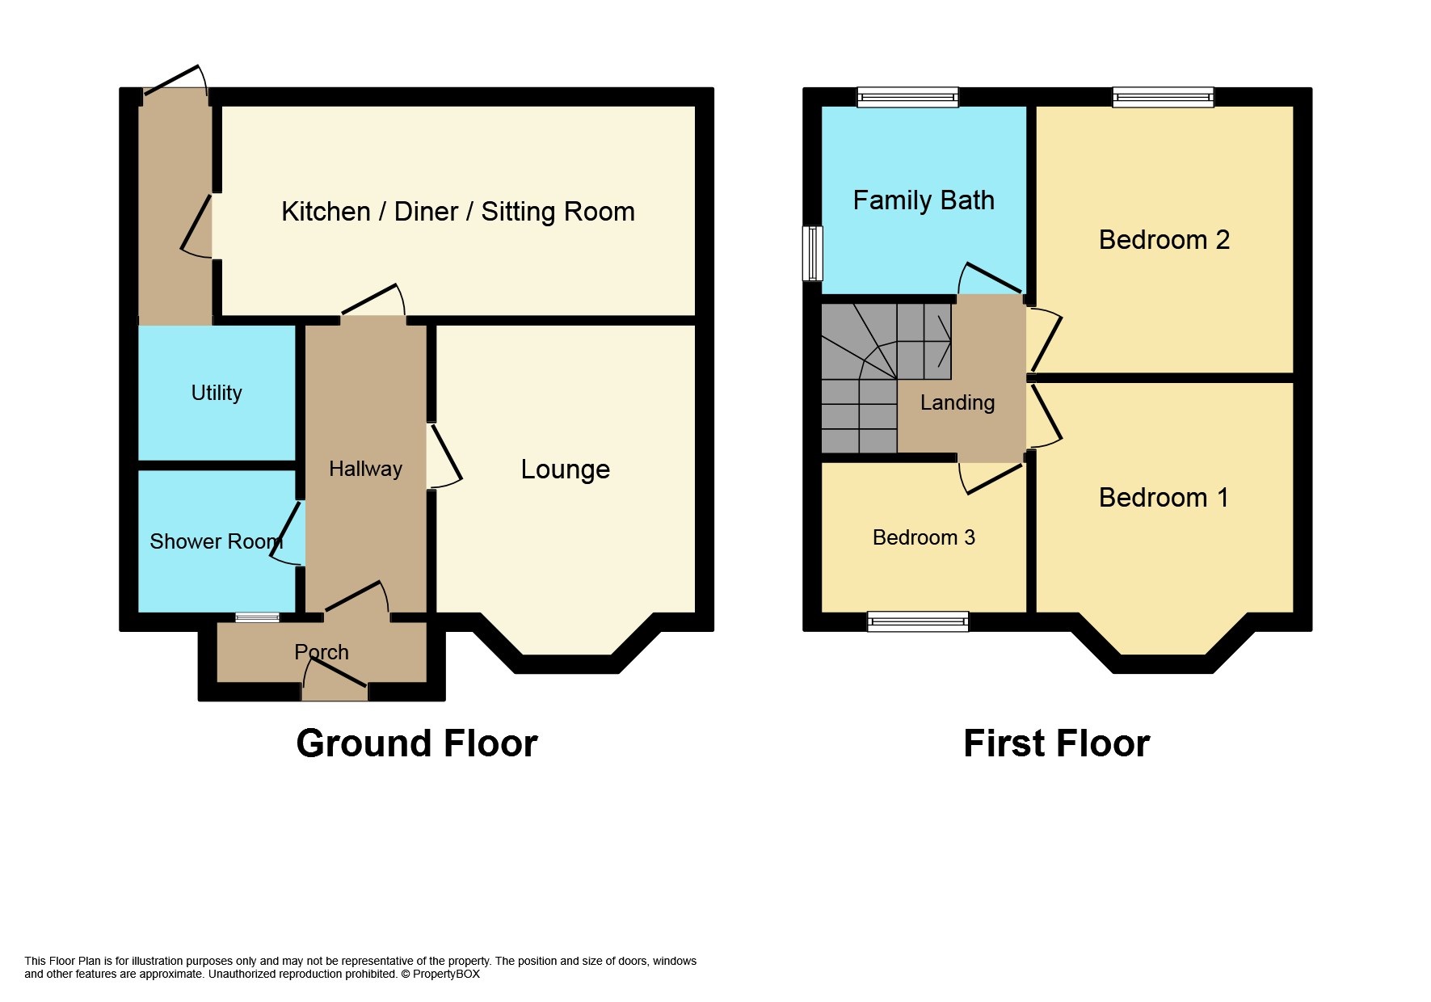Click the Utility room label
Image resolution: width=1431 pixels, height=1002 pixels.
click(x=217, y=393)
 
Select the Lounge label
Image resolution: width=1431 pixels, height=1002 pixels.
click(x=565, y=469)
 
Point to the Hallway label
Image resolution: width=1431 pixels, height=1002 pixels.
click(x=365, y=469)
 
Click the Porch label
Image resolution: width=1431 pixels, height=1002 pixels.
click(x=322, y=652)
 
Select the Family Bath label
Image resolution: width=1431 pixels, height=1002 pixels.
click(x=924, y=200)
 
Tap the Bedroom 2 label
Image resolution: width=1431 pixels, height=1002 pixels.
click(x=1164, y=240)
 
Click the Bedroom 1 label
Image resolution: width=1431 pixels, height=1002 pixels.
click(x=1164, y=498)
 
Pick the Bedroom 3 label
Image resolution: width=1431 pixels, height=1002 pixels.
click(x=924, y=537)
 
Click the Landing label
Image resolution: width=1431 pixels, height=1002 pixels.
click(x=958, y=402)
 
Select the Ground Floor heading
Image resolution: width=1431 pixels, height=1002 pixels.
click(x=416, y=743)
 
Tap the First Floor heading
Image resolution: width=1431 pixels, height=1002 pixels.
click(x=1056, y=743)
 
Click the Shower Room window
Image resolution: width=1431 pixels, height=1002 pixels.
click(x=257, y=618)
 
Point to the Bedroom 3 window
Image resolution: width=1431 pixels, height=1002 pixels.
click(x=917, y=621)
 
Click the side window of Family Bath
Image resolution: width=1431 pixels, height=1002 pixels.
click(x=812, y=253)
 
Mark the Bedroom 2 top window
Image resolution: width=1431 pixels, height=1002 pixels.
click(x=1163, y=98)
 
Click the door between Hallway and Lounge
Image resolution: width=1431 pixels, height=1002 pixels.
click(x=444, y=457)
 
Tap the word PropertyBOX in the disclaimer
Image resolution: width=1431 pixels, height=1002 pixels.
click(x=446, y=975)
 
